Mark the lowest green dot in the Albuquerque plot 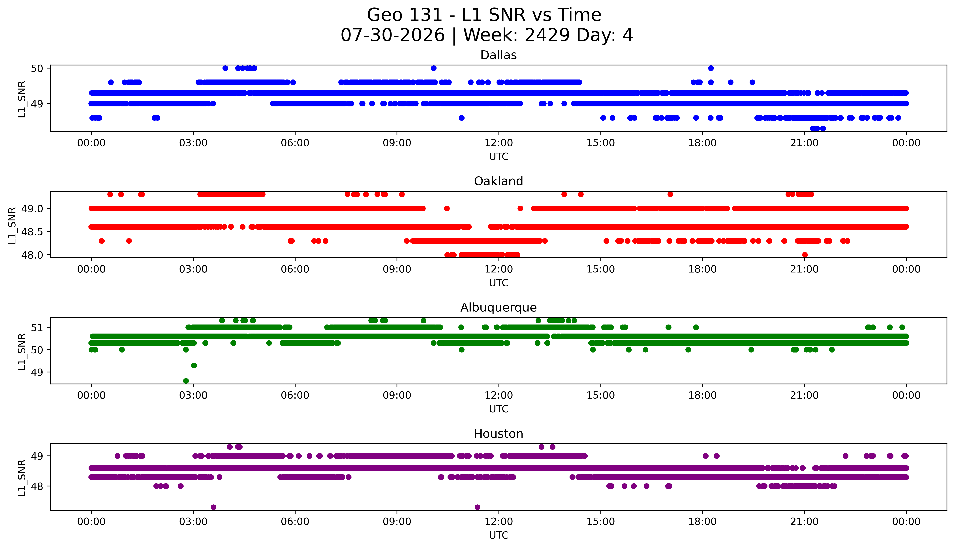coord(186,381)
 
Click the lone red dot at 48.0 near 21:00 coord(805,255)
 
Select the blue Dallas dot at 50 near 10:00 coord(434,68)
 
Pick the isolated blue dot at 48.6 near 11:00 coord(462,118)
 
